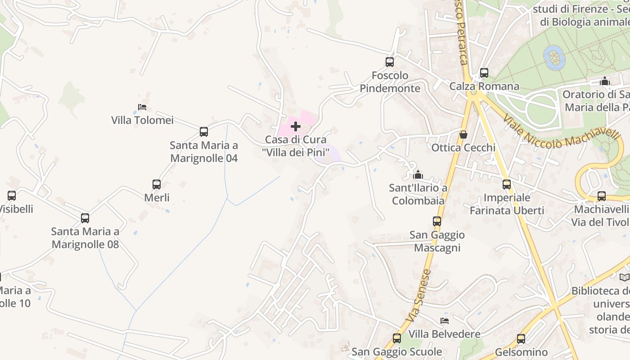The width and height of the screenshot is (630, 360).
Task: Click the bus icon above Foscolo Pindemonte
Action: (x=390, y=62)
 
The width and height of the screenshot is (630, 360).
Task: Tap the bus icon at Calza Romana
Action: (x=484, y=73)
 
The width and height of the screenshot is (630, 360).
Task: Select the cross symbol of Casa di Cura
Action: (x=296, y=127)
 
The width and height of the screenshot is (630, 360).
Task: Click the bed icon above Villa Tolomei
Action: (x=142, y=107)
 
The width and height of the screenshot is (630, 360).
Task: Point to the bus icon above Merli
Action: (x=157, y=184)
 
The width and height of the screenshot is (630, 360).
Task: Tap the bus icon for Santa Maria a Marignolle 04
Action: (x=204, y=132)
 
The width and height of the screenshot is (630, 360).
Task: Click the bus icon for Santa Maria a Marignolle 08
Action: (x=85, y=218)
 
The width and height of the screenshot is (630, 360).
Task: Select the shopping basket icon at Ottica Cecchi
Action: (x=463, y=135)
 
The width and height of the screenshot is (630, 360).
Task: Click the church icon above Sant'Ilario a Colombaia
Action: (x=418, y=175)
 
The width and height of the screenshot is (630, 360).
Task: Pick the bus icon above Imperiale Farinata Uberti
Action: (x=507, y=184)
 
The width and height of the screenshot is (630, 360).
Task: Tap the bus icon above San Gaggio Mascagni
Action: (x=437, y=221)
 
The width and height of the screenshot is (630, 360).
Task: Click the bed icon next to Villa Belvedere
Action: (x=445, y=321)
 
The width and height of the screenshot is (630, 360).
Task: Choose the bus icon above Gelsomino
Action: (x=521, y=339)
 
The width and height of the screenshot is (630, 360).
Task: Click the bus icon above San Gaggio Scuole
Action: (x=397, y=338)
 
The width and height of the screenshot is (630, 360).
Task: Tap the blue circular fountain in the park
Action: (x=554, y=57)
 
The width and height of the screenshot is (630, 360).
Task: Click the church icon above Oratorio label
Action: (x=605, y=81)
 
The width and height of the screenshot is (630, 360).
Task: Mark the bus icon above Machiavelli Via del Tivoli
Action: (x=602, y=196)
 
